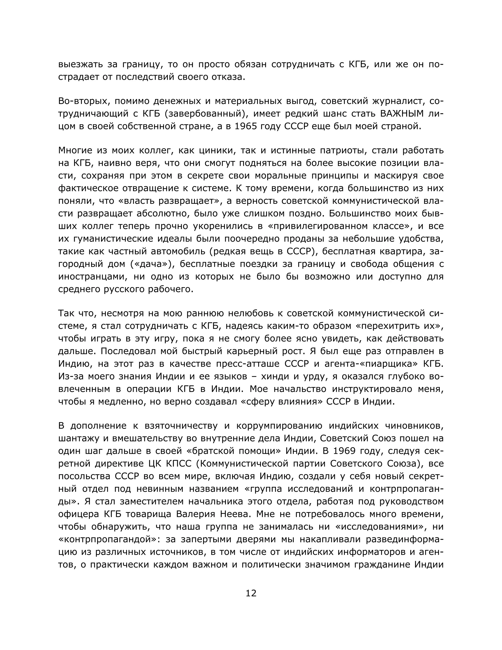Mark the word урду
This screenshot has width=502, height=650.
point(315,377)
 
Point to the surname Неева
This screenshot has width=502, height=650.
point(235,514)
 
